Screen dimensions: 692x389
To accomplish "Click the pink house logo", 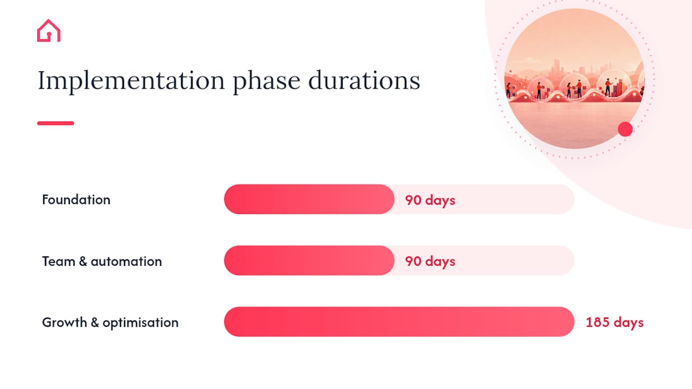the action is tap(49, 31).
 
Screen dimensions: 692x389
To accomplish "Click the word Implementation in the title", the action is tap(131, 81).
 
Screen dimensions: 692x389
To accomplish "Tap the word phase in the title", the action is tap(267, 81).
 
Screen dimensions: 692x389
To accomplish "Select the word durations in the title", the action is tap(364, 81).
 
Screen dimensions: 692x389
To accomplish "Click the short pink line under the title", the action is tap(56, 123).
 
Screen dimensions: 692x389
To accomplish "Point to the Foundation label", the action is tap(76, 199).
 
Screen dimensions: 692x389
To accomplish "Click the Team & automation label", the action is tap(102, 261).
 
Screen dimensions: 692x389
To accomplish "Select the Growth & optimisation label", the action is tap(110, 323).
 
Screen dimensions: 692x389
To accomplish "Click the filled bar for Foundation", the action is tap(309, 199).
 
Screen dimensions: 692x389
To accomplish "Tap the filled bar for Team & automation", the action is tap(309, 260).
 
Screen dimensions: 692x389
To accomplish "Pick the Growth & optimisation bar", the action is tap(399, 321).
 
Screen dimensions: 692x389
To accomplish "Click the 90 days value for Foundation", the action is tap(430, 200).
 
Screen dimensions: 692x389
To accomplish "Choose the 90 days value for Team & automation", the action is tap(430, 261).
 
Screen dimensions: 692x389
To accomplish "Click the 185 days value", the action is tap(615, 323).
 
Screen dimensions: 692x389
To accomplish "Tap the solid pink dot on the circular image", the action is tap(626, 129).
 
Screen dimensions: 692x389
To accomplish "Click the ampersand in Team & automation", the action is tap(83, 261).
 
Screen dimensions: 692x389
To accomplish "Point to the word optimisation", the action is tap(141, 323).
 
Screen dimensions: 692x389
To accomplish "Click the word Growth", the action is tap(64, 323).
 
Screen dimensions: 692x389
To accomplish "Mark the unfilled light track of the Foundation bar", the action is tap(484, 199).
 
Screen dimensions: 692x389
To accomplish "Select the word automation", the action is tap(127, 261).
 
